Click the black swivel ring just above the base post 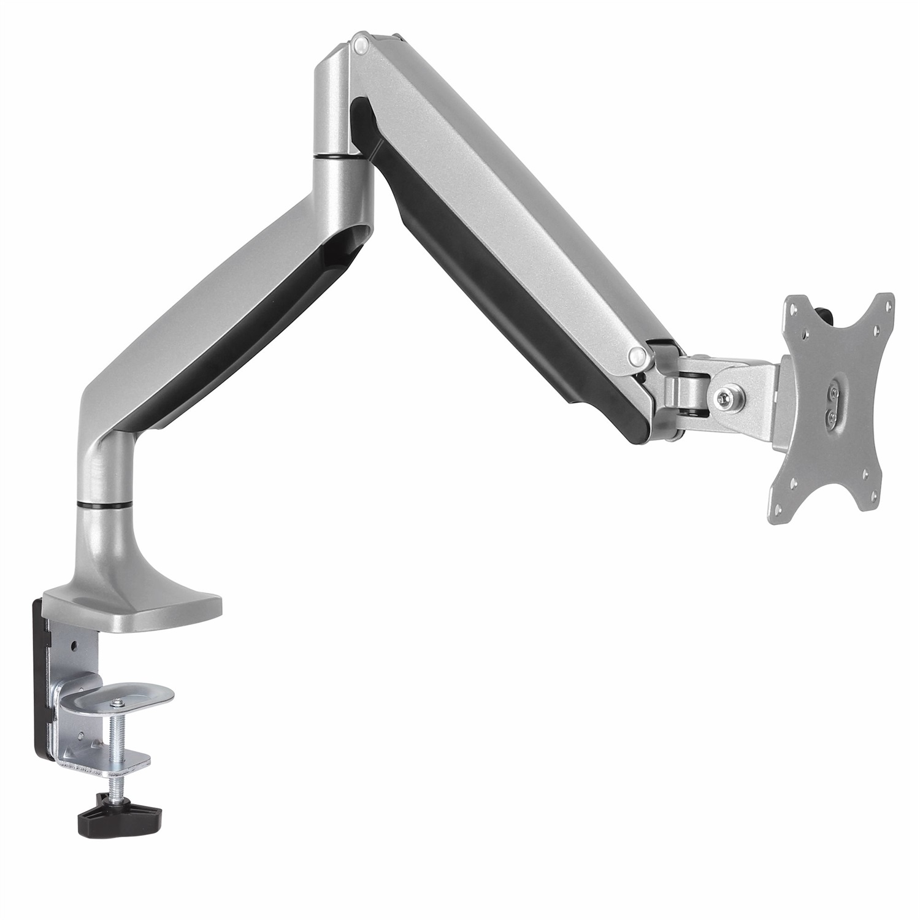point(104,505)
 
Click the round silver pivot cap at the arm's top point(361,44)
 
